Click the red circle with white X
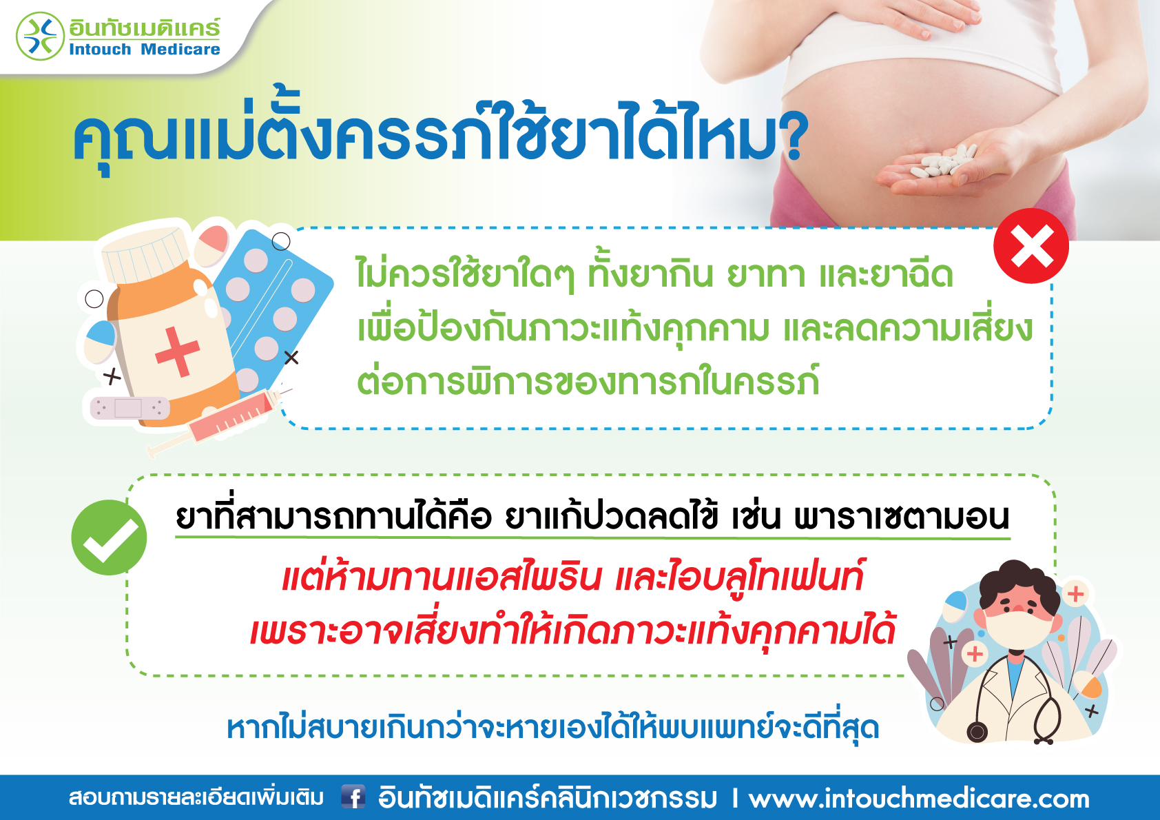(x=1030, y=246)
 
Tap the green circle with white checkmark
(x=110, y=537)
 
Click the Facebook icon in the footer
(x=353, y=797)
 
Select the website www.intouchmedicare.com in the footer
(x=919, y=798)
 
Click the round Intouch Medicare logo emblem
(x=40, y=37)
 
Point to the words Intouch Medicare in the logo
(x=145, y=50)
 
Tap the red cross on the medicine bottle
(x=178, y=351)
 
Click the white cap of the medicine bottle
(x=144, y=254)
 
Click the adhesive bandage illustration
(x=130, y=408)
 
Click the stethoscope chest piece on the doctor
(x=977, y=732)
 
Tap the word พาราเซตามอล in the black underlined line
(x=902, y=517)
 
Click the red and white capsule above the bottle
(x=211, y=245)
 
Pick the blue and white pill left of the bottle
(x=99, y=341)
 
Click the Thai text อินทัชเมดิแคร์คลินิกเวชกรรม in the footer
(x=548, y=797)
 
